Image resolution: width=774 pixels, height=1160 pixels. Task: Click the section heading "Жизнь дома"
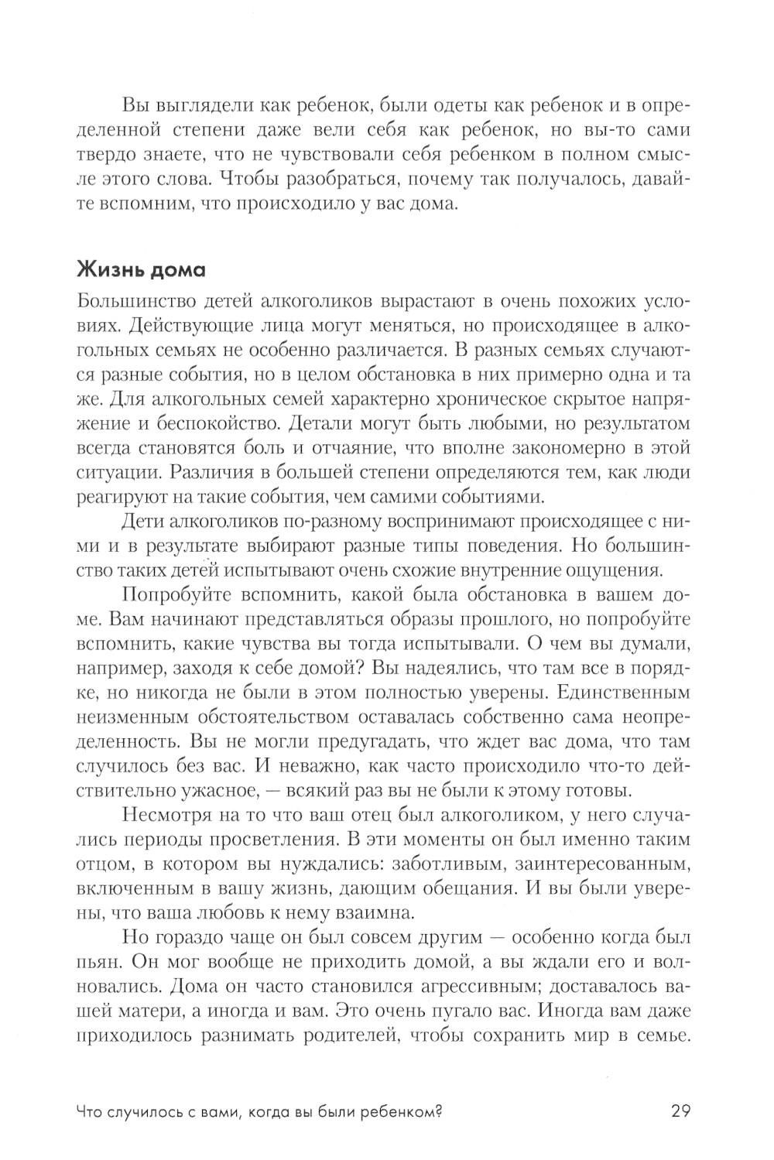click(141, 271)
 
